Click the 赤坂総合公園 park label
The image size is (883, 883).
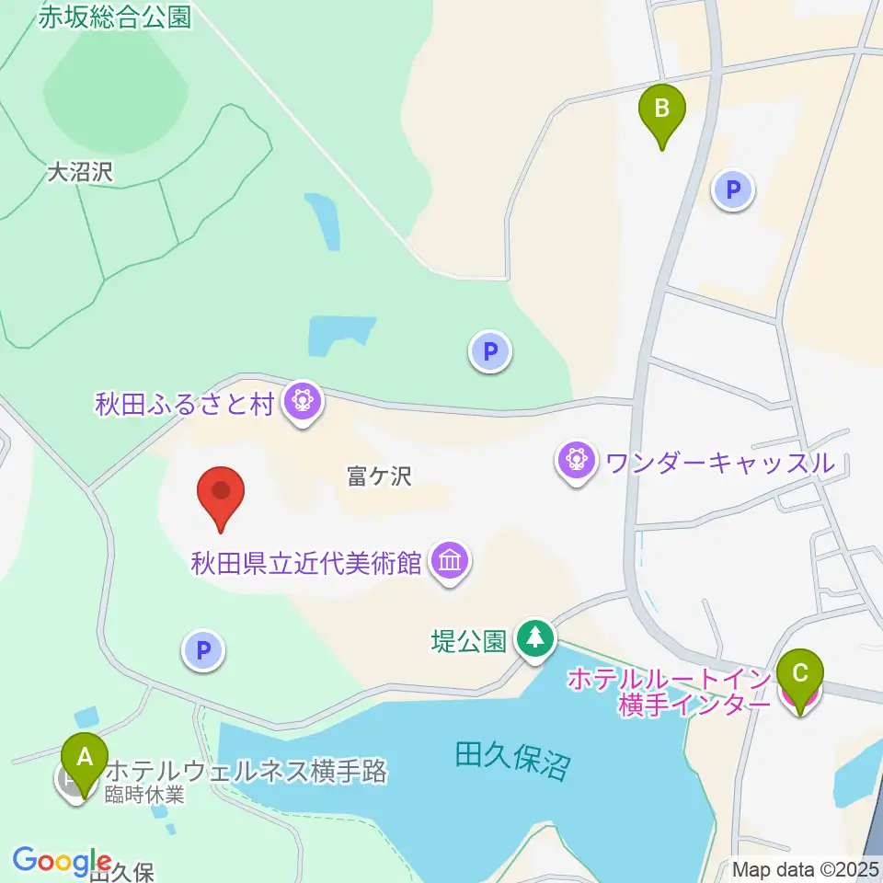tap(115, 17)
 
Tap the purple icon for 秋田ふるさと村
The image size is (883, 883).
tap(301, 402)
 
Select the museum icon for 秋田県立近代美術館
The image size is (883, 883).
tap(451, 560)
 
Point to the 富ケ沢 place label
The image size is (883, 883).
tap(378, 476)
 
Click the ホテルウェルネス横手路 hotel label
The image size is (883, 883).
tap(247, 771)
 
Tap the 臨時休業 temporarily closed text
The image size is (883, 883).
tap(144, 794)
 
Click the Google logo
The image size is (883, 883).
tap(62, 861)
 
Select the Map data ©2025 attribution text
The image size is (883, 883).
tap(807, 868)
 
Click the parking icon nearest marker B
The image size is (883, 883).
tap(733, 191)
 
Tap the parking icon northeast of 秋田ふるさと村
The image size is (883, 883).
tap(490, 350)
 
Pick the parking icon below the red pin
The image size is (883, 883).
tap(203, 652)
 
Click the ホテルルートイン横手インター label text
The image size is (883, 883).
tap(669, 692)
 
